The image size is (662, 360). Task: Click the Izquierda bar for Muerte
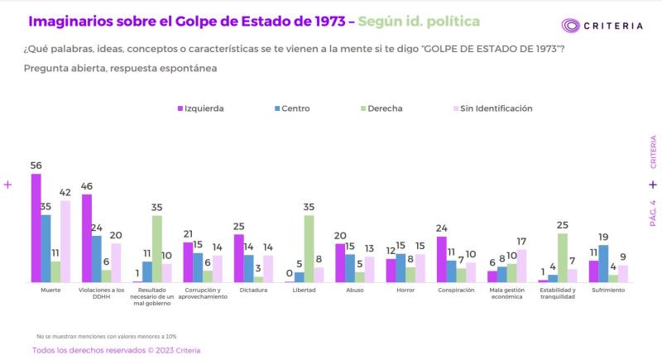click(x=36, y=228)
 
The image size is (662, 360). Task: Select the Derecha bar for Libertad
click(x=309, y=249)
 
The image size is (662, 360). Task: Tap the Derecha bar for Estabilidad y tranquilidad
click(x=562, y=258)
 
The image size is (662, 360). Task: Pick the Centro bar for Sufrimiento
click(x=602, y=264)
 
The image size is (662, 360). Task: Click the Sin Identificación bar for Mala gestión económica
click(x=520, y=266)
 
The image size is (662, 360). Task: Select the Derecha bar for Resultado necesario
click(x=157, y=249)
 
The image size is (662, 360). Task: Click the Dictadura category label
click(x=253, y=290)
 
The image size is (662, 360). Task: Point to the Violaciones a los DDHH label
click(x=102, y=294)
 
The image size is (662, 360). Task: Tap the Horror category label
click(x=405, y=290)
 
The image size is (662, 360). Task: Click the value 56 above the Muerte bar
click(x=36, y=166)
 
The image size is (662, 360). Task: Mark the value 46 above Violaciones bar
click(x=87, y=186)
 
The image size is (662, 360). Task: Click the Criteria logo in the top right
click(x=602, y=26)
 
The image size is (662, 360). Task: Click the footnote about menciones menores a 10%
click(x=106, y=337)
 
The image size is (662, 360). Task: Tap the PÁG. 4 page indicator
click(x=653, y=213)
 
